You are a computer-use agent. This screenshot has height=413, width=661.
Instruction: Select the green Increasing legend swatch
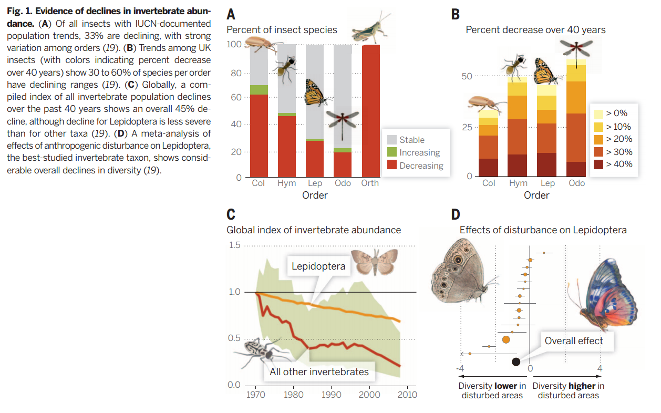point(392,152)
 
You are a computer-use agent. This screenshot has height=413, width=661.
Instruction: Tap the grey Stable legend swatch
point(392,140)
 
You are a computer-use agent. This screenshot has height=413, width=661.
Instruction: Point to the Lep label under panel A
point(315,183)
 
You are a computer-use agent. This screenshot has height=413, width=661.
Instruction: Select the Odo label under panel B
point(576,183)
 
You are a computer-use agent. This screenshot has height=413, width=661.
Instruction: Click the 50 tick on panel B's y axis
point(466,77)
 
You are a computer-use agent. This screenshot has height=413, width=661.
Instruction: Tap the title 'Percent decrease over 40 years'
point(535,30)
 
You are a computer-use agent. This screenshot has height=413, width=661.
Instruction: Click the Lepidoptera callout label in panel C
point(318,266)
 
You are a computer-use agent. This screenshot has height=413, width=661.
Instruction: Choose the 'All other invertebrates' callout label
point(319,371)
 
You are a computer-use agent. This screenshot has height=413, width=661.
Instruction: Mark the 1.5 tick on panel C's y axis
point(234,245)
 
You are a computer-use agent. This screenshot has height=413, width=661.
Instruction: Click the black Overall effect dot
point(516,362)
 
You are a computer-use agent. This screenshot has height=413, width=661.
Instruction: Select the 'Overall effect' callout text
point(574,341)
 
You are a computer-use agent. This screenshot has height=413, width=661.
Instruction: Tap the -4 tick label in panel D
point(461,368)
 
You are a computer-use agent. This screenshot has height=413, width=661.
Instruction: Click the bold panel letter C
point(231,214)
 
